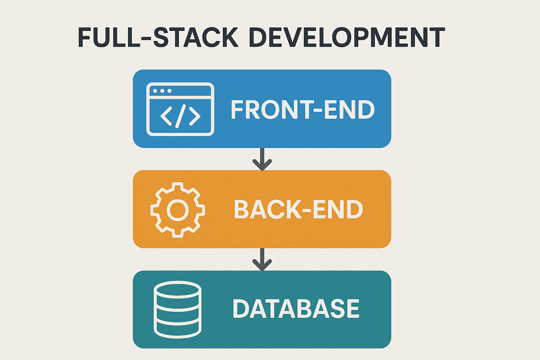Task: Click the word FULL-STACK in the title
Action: tap(158, 37)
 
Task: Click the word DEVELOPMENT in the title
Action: tap(347, 37)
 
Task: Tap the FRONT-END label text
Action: tap(303, 110)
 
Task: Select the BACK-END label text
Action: tap(298, 210)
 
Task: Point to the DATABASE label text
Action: tap(296, 309)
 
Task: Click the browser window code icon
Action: tap(180, 109)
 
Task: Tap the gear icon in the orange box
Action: tap(178, 210)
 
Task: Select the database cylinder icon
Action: tap(178, 309)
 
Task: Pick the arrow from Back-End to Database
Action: tap(262, 259)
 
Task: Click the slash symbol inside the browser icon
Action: tap(180, 116)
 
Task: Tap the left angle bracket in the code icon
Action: tap(166, 116)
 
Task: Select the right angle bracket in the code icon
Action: tap(194, 116)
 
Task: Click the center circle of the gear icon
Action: tap(178, 210)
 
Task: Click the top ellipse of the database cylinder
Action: tap(178, 289)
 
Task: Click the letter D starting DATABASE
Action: tap(241, 309)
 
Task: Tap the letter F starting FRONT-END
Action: tap(237, 110)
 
